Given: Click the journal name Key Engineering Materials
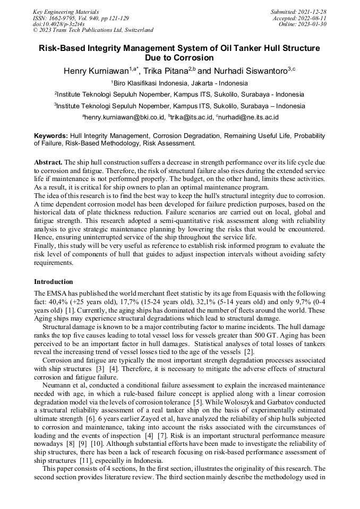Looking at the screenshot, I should (x=65, y=11).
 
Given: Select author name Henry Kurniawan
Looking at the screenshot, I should (x=96, y=71).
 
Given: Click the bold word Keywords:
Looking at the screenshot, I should (x=51, y=136).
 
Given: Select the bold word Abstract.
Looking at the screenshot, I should (x=48, y=161).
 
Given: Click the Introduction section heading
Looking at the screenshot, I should (x=54, y=281).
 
